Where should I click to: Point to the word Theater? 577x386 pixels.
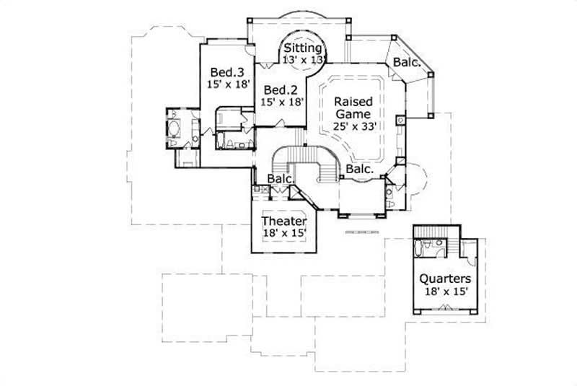(x=284, y=221)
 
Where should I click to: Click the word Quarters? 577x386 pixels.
(x=446, y=278)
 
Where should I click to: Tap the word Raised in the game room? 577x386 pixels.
(x=353, y=102)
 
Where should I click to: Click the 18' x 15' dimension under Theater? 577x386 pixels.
(x=284, y=233)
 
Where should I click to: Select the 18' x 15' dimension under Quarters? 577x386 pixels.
(x=446, y=291)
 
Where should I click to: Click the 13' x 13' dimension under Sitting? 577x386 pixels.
(x=304, y=59)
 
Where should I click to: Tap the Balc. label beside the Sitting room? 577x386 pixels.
(x=406, y=63)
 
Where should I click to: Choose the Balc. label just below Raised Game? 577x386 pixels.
(x=358, y=169)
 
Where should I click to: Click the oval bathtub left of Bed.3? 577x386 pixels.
(x=173, y=129)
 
